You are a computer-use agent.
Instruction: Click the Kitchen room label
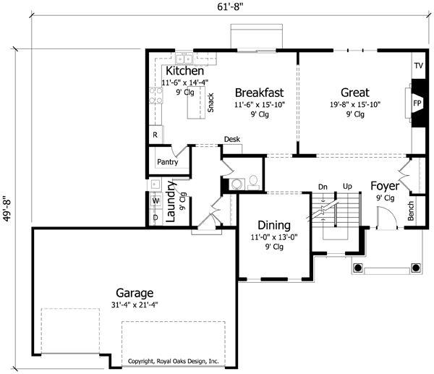tap(184, 71)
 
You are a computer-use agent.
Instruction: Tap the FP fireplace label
tap(417, 103)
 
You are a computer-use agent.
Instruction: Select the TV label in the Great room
tap(419, 66)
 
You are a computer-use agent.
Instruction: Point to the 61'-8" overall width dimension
tap(230, 7)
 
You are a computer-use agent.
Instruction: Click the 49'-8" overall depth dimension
tap(7, 208)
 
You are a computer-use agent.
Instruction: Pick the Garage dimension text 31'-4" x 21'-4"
tap(135, 305)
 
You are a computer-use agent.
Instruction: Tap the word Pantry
tap(168, 162)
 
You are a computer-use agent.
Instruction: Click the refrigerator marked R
tap(156, 135)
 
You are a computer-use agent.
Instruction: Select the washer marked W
tap(156, 200)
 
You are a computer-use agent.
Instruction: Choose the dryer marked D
tap(156, 218)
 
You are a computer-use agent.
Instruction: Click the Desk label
tap(232, 139)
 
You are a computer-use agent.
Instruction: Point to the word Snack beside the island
tap(210, 103)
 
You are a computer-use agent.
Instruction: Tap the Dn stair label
tap(323, 187)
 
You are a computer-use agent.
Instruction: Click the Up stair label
tap(347, 187)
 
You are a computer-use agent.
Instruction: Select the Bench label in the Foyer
tap(411, 211)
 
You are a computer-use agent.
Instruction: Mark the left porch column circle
tap(357, 268)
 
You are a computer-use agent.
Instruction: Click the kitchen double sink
tap(184, 59)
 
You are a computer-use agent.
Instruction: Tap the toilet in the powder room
tap(253, 182)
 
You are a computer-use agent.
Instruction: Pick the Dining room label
tap(274, 226)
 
